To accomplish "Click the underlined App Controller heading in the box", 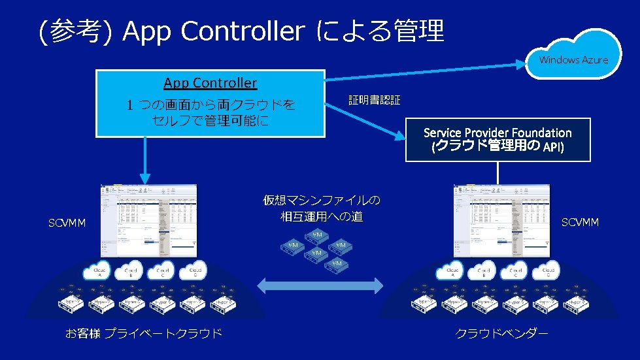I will point(211,83).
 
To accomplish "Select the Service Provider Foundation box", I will point(497,140).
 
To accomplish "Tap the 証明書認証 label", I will point(374,101).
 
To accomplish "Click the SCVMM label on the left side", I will point(67,223).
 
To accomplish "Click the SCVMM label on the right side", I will point(580,223).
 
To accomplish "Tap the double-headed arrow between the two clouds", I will point(320,285).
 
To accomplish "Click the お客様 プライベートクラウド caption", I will point(144,334).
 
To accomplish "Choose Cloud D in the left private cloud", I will point(195,270).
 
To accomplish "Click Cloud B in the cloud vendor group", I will point(484,271).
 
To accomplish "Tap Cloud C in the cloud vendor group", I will point(516,271).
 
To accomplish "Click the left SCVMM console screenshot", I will point(148,220).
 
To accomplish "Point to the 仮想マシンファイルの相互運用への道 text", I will point(321,208).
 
